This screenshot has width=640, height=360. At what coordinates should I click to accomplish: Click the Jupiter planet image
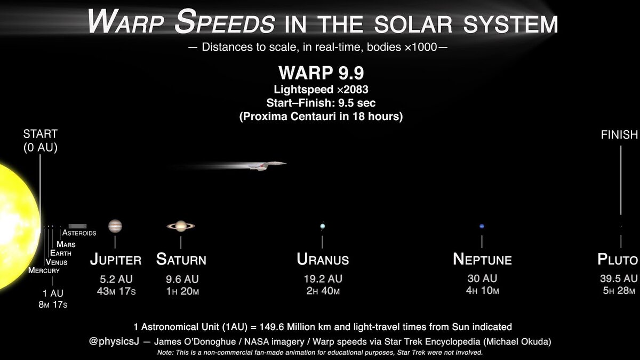tap(115, 226)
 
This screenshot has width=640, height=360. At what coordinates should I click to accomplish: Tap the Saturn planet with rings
tap(181, 226)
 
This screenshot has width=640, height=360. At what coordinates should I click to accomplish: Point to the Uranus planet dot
tap(323, 226)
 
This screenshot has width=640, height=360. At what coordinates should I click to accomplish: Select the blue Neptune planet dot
tap(482, 226)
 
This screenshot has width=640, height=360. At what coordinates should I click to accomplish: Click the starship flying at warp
tap(268, 166)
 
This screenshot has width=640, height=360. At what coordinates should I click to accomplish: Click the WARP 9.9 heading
tap(321, 73)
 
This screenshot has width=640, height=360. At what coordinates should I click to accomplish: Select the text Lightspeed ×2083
tap(321, 90)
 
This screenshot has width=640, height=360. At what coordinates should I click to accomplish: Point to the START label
tap(41, 134)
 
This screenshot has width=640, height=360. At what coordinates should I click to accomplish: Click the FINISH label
tap(619, 134)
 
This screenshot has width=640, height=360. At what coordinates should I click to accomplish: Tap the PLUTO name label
tap(618, 259)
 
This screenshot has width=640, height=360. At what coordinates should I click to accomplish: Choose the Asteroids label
tap(79, 233)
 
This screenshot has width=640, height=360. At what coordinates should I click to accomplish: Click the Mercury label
tap(44, 270)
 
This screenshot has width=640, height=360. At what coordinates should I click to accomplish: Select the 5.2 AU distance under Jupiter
tap(116, 279)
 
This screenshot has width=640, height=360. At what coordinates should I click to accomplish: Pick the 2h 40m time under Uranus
tap(323, 291)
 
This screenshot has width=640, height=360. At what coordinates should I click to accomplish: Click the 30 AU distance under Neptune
tap(482, 278)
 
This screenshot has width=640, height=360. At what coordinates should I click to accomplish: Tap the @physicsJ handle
tap(114, 341)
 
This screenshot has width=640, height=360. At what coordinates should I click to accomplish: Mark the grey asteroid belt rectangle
tap(77, 226)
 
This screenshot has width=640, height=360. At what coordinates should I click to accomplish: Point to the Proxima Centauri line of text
tap(321, 117)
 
